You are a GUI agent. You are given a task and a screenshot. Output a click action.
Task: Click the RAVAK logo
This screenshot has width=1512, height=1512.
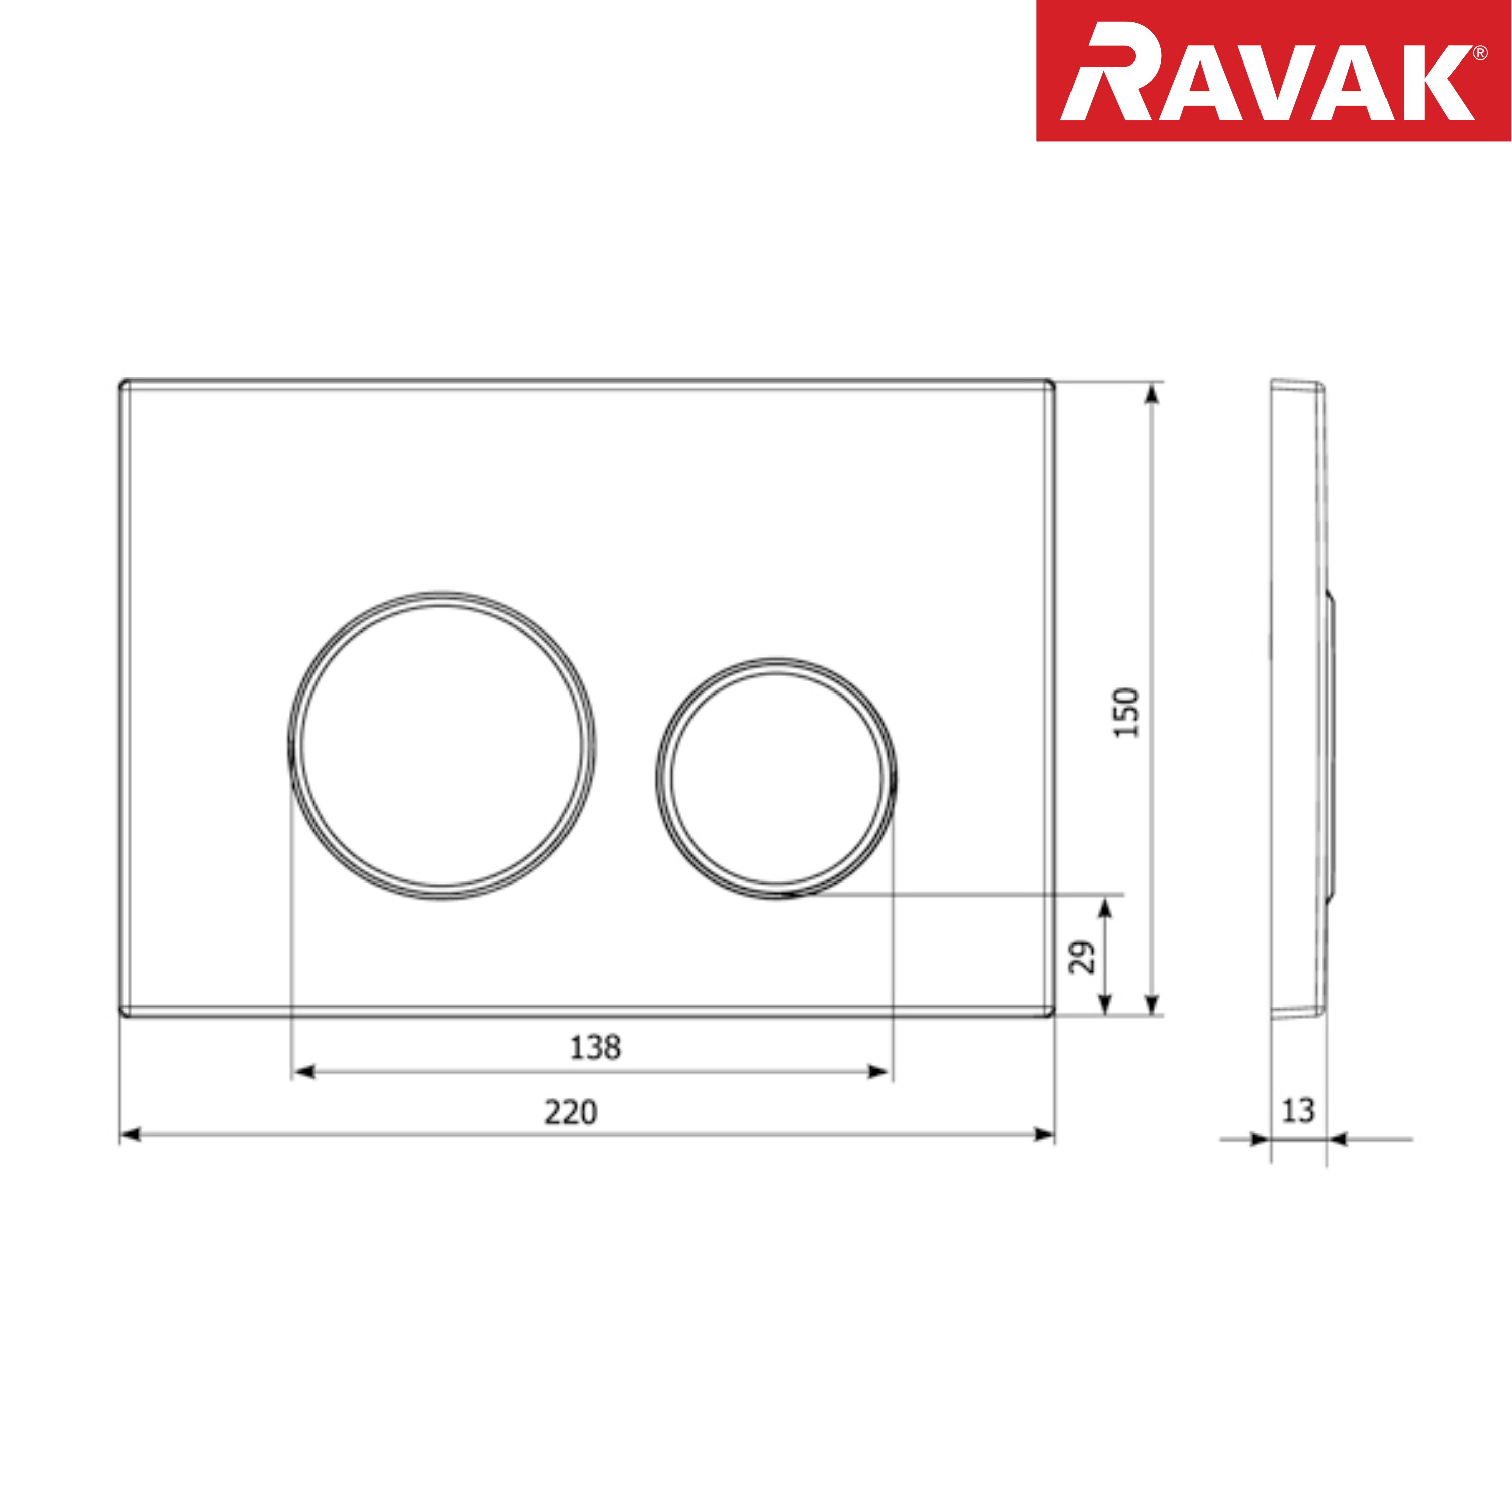[1273, 71]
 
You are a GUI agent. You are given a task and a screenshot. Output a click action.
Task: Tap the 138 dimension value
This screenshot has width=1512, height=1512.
[595, 1048]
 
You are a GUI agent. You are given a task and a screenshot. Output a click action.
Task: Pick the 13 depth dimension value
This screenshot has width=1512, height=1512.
[1298, 1110]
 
